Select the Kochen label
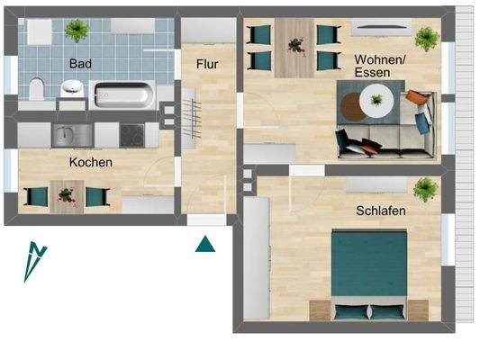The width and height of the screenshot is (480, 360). coord(91,163)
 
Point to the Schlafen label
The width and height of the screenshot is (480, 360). coord(380,211)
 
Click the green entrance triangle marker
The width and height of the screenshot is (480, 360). coord(206,243)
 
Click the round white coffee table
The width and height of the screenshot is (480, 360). coord(374,100)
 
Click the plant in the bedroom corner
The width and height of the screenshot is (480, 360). coord(425,189)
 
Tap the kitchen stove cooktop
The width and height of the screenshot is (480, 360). coord(132,135)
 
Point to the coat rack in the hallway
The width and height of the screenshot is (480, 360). coord(192,117)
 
